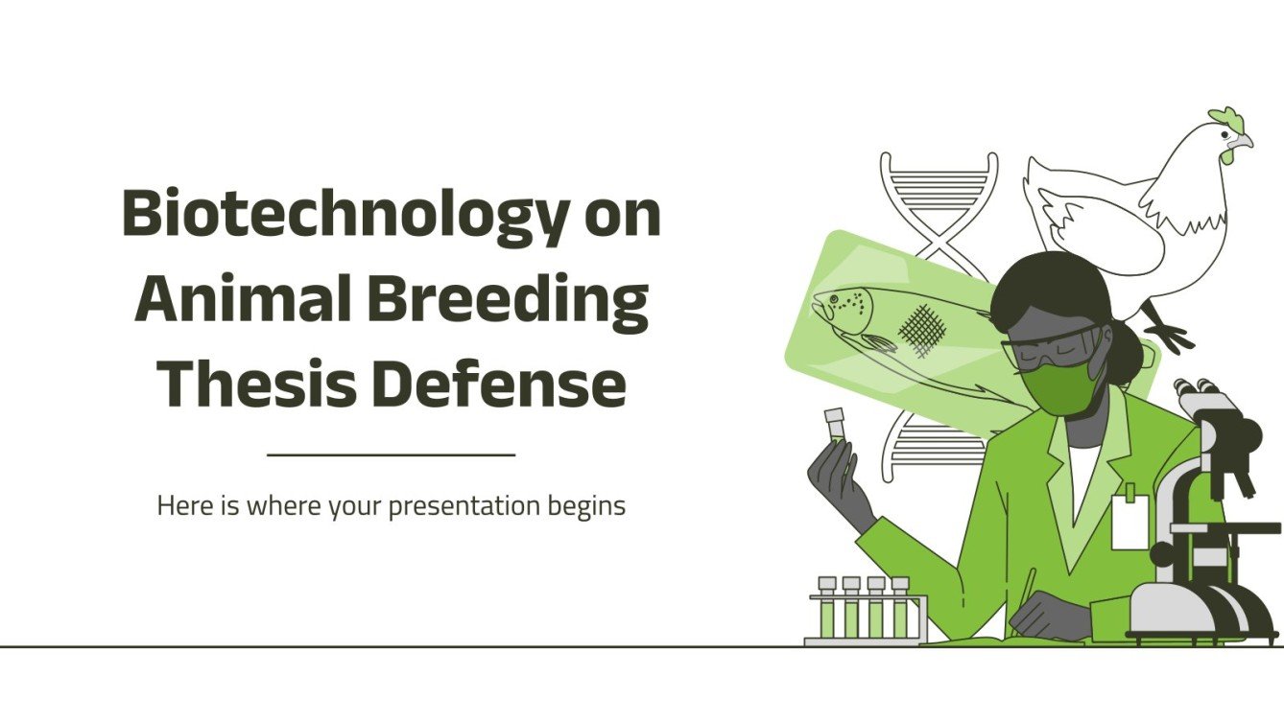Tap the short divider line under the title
[391, 454]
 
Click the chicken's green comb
[1225, 121]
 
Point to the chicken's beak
[1246, 143]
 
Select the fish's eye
[832, 301]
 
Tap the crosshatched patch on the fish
[922, 331]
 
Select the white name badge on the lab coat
[1129, 523]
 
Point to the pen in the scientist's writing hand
[1026, 590]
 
